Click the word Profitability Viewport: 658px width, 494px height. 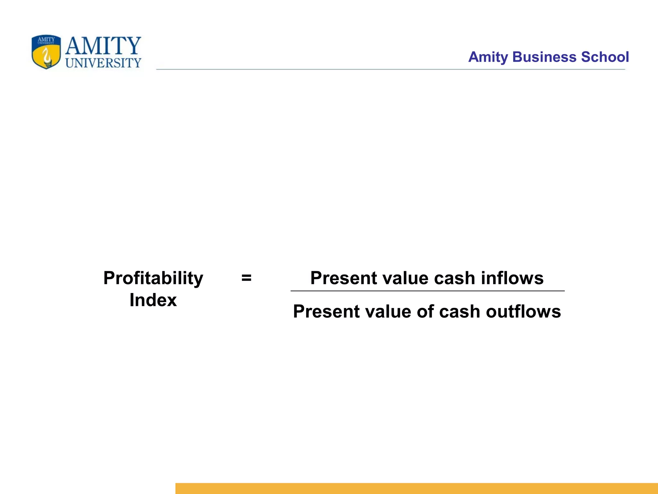pyautogui.click(x=153, y=278)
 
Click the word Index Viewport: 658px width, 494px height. pyautogui.click(x=153, y=300)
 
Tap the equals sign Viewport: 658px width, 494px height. pyautogui.click(x=246, y=278)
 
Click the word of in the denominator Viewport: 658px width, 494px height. pyautogui.click(x=425, y=312)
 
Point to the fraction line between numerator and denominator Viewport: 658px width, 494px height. pyautogui.click(x=427, y=291)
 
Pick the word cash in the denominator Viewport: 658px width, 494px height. pyautogui.click(x=459, y=312)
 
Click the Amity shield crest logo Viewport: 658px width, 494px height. pyautogui.click(x=46, y=52)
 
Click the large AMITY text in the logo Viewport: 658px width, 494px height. pyautogui.click(x=103, y=46)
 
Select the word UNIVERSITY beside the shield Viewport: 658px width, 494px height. pyautogui.click(x=103, y=63)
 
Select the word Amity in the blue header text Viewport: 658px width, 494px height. pyautogui.click(x=488, y=57)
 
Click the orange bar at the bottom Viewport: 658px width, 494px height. pyautogui.click(x=416, y=488)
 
